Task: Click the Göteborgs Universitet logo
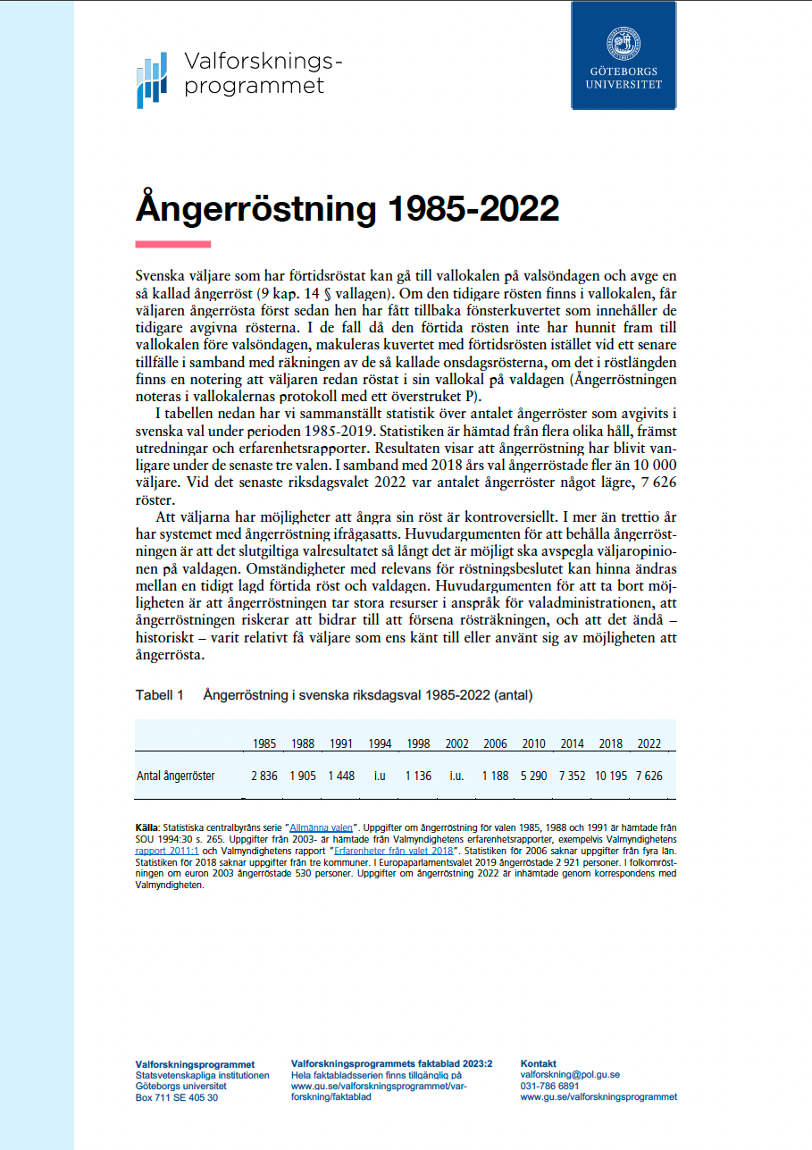624,55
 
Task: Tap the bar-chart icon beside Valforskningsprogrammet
151,80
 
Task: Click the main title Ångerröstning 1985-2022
347,209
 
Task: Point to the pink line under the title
172,244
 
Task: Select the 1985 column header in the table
264,744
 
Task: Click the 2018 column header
611,744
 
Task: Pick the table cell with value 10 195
611,776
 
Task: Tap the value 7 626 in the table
649,776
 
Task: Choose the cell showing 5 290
534,776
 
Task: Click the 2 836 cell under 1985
264,776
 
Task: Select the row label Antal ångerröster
175,776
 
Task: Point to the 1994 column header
380,744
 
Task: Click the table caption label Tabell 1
159,694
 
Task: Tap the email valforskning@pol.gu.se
570,1075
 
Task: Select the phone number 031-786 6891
549,1086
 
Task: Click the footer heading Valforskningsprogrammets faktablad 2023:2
391,1063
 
